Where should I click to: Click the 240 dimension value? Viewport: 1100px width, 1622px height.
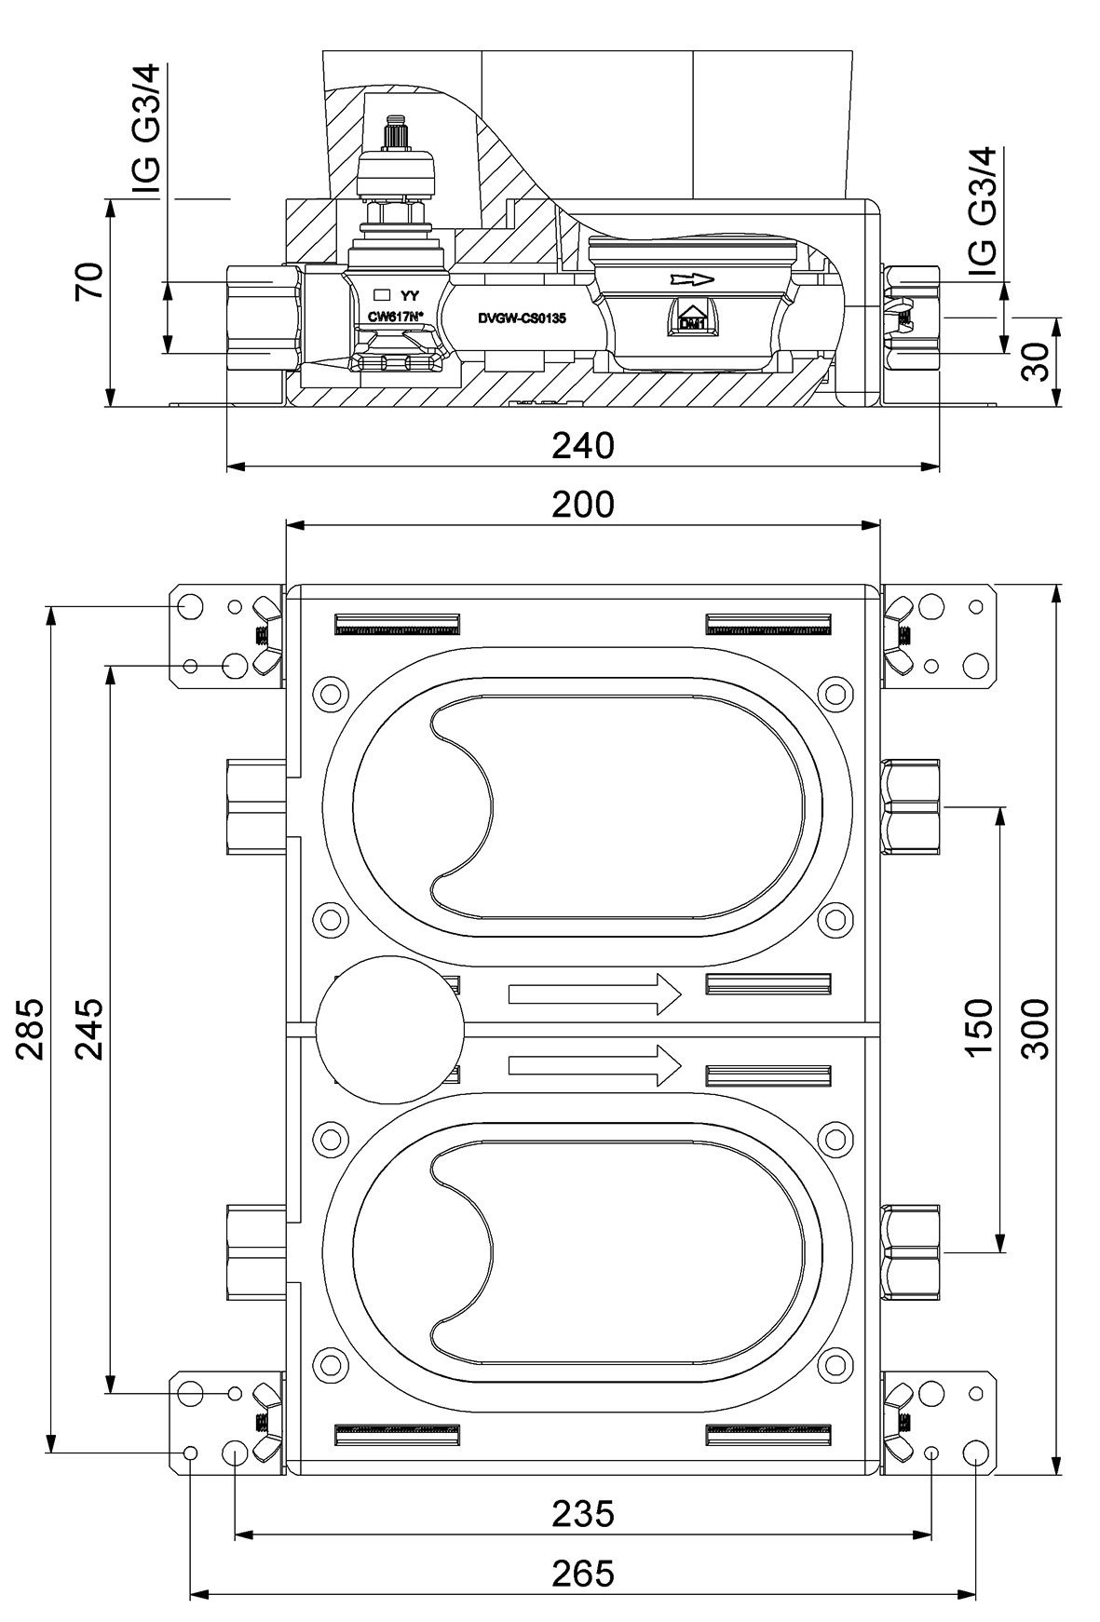583,446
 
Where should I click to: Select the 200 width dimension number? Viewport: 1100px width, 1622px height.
583,505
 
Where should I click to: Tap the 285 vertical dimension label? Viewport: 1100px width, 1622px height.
32,1029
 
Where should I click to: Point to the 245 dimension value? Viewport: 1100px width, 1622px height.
89,1029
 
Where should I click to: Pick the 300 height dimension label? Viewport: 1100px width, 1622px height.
1035,1028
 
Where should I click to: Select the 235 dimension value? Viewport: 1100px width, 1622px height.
583,1513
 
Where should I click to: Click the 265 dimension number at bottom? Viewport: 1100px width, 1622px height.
583,1573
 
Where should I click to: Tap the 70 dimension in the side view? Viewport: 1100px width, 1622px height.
89,282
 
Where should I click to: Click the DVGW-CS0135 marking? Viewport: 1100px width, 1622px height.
522,318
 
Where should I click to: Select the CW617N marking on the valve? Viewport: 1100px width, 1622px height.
395,317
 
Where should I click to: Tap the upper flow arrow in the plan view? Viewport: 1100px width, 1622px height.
595,994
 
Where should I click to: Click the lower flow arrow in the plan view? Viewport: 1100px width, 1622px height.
595,1065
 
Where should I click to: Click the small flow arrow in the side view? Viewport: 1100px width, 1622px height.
691,278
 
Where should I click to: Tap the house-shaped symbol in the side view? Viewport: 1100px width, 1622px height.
691,318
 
